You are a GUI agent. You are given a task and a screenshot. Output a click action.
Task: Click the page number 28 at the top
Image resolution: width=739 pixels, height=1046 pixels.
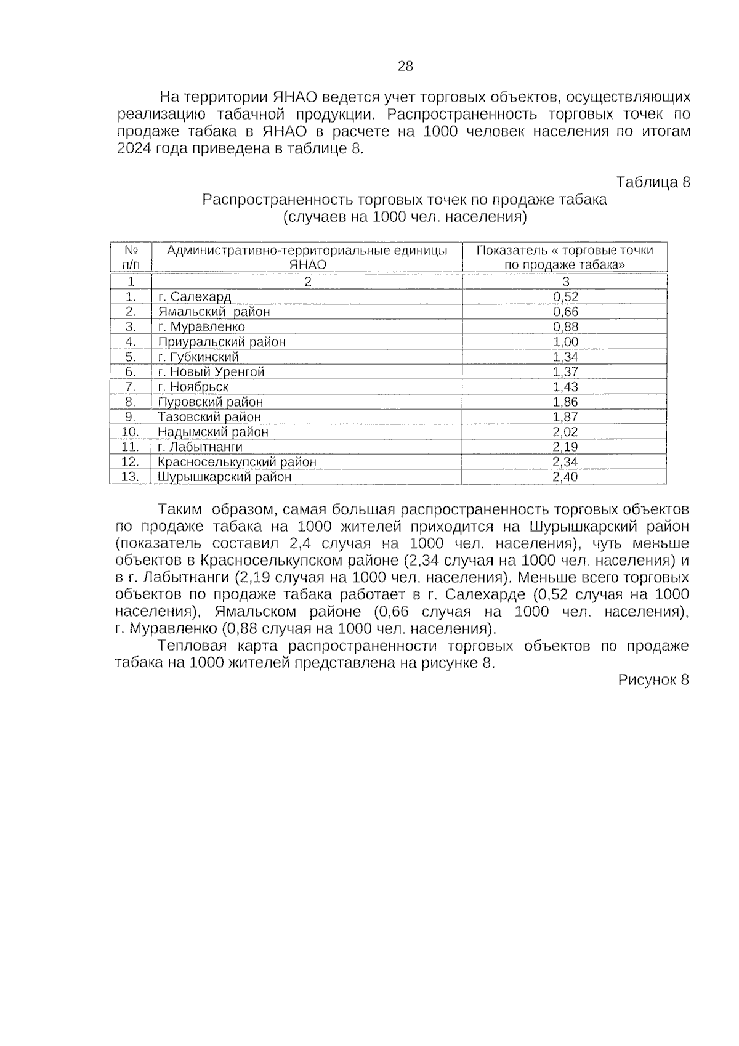pos(405,67)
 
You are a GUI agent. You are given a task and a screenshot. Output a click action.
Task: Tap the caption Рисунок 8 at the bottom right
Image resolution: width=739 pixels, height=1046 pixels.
pos(653,679)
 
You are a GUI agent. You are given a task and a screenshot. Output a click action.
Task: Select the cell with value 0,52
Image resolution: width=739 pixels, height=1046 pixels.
pos(565,297)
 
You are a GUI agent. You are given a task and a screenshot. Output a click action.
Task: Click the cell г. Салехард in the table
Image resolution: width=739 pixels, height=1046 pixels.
pos(194,297)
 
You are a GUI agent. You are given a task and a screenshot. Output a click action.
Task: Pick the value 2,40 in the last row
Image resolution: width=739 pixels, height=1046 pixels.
pos(565,477)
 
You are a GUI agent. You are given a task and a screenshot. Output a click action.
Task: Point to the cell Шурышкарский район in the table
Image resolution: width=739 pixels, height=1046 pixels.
pos(224,477)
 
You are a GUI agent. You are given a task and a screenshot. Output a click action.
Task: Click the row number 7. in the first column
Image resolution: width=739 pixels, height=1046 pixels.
pos(131,387)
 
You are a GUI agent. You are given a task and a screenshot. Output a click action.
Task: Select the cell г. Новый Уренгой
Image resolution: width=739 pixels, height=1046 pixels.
pos(211,372)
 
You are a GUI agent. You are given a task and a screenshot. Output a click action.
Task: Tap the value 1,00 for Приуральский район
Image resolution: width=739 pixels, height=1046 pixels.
pos(565,342)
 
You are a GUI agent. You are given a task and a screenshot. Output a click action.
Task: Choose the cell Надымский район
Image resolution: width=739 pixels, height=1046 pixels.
pos(212,432)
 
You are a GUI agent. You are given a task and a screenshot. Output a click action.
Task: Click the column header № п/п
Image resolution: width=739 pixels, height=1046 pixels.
pos(131,257)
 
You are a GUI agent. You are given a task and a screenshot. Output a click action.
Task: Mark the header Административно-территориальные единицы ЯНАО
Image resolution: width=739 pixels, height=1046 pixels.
pos(307,257)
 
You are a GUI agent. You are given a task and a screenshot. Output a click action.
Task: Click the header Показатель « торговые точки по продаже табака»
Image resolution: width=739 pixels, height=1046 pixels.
pos(565,257)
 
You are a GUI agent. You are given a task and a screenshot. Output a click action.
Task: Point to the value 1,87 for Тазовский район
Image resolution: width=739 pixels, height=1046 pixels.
pos(565,417)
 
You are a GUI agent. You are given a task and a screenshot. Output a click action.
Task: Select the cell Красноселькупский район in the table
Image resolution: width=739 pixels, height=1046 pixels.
pos(237,462)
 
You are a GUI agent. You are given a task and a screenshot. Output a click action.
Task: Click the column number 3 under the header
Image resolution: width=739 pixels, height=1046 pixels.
pos(565,282)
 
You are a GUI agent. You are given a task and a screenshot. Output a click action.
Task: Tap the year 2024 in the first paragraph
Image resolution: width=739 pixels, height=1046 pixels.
pos(133,149)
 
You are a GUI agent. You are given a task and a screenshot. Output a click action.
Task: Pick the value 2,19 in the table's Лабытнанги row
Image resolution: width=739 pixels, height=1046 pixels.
pos(565,447)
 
